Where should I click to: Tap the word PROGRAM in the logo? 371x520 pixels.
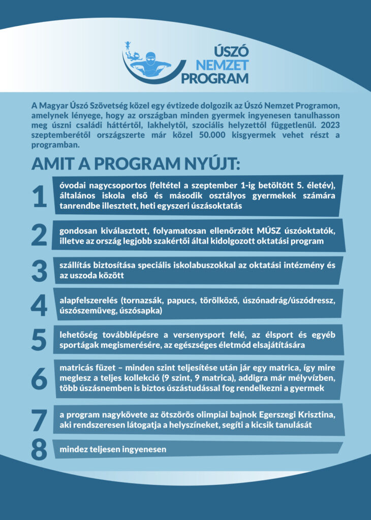pyautogui.click(x=215, y=78)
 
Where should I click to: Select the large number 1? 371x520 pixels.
pyautogui.click(x=40, y=197)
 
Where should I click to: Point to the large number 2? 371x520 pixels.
pyautogui.click(x=40, y=235)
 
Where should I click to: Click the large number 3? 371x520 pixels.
pyautogui.click(x=40, y=270)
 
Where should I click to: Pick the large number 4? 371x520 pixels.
pyautogui.click(x=40, y=305)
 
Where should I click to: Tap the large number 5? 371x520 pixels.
pyautogui.click(x=40, y=339)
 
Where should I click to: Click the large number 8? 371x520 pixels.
pyautogui.click(x=40, y=449)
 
